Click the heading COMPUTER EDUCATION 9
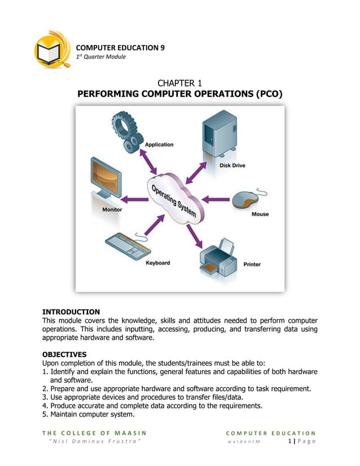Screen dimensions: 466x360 point(120,47)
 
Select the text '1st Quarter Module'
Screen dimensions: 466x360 point(101,57)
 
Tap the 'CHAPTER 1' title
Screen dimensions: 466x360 point(179,85)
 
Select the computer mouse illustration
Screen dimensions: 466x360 point(247,200)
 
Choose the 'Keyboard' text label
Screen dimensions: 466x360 point(157,263)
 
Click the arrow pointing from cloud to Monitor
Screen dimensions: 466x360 point(135,199)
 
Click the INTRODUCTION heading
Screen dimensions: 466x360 point(71,312)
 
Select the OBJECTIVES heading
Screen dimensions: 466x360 point(65,354)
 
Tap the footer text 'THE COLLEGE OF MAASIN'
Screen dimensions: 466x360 point(95,432)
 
